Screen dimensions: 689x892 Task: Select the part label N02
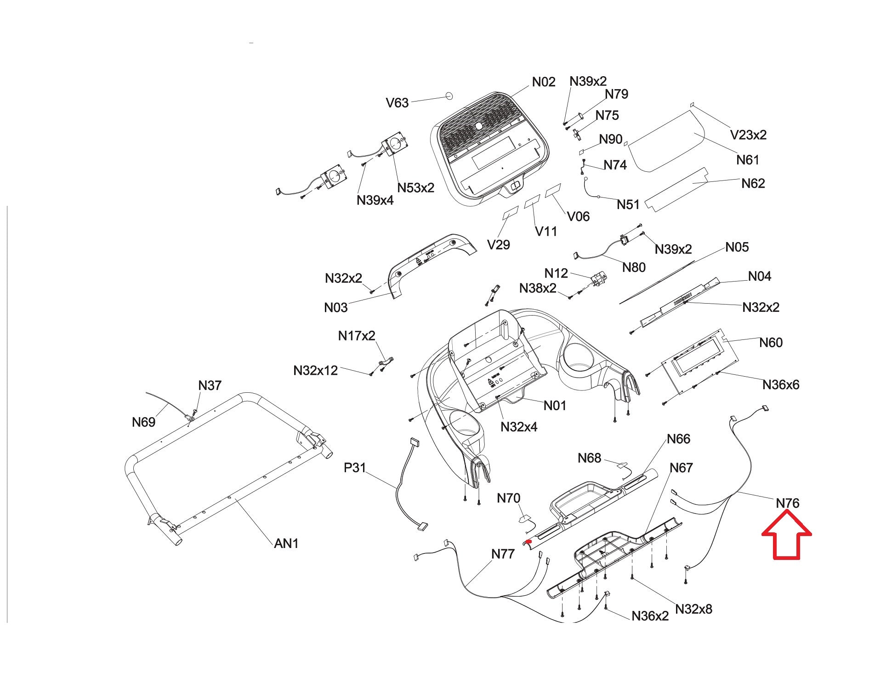tap(544, 82)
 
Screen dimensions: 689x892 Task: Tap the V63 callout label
tap(397, 103)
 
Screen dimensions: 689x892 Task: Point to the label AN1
tap(286, 543)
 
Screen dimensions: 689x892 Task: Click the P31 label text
tap(355, 468)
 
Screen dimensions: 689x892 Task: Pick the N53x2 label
tap(415, 188)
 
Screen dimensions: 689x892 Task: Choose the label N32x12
tap(315, 370)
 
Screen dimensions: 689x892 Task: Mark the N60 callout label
tap(771, 343)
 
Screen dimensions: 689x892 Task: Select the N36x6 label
tap(780, 385)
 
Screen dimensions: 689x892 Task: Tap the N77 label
tap(503, 554)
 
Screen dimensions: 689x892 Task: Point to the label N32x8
tap(693, 609)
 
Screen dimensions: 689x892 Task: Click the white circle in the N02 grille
tap(478, 125)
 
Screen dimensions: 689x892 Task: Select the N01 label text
tap(555, 406)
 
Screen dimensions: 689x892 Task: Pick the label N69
tap(143, 422)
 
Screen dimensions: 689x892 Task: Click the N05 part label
tap(737, 248)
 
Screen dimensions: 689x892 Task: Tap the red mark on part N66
tap(528, 542)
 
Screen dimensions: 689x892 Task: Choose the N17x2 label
tap(357, 336)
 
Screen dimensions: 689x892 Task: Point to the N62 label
tap(753, 183)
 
